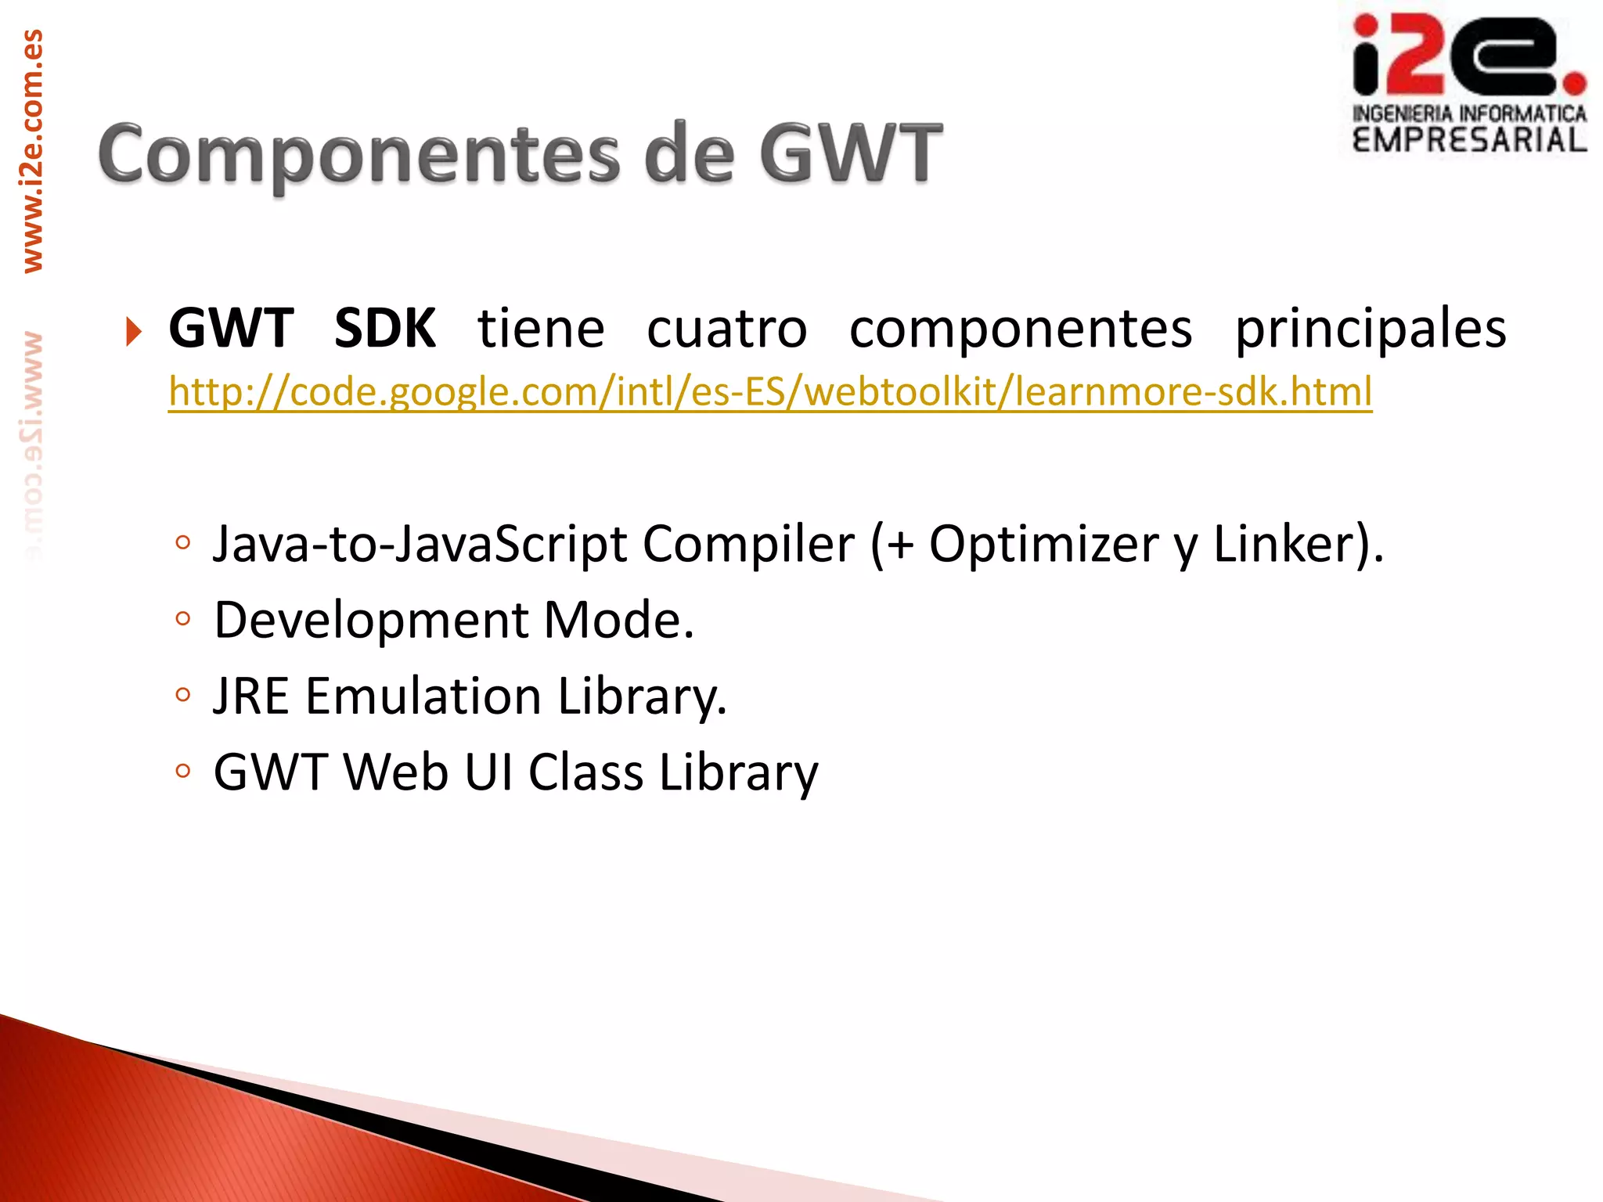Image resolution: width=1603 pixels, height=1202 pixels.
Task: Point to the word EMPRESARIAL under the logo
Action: coord(1469,141)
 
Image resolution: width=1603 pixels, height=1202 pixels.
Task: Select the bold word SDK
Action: coord(384,329)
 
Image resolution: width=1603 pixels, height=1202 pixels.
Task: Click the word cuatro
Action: coord(726,329)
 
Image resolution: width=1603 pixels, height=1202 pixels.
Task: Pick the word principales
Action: coord(1371,329)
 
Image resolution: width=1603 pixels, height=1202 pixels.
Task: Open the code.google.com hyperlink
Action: coord(769,391)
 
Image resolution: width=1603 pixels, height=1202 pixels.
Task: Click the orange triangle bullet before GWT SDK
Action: coord(134,331)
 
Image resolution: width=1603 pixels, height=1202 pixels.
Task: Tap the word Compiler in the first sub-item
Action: coord(748,544)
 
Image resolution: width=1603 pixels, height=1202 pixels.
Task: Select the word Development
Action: coord(371,620)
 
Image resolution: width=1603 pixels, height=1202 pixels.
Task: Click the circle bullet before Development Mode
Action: coord(183,619)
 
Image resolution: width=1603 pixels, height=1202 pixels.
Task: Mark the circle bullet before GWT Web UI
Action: coord(183,771)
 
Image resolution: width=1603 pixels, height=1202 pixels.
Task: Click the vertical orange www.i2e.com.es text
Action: coord(33,151)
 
